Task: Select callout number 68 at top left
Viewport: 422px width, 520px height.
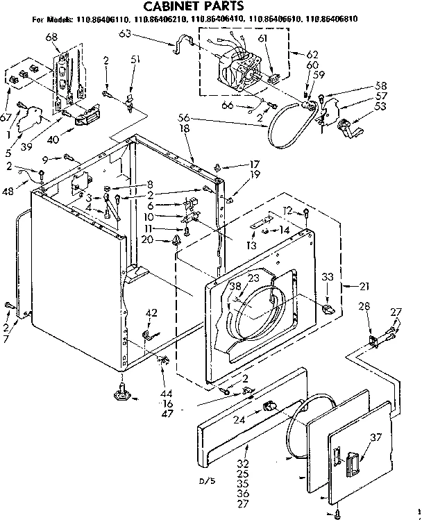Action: click(x=51, y=36)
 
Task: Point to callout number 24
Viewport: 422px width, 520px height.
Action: click(x=241, y=419)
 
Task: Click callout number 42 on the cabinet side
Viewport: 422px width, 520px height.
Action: click(x=151, y=312)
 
